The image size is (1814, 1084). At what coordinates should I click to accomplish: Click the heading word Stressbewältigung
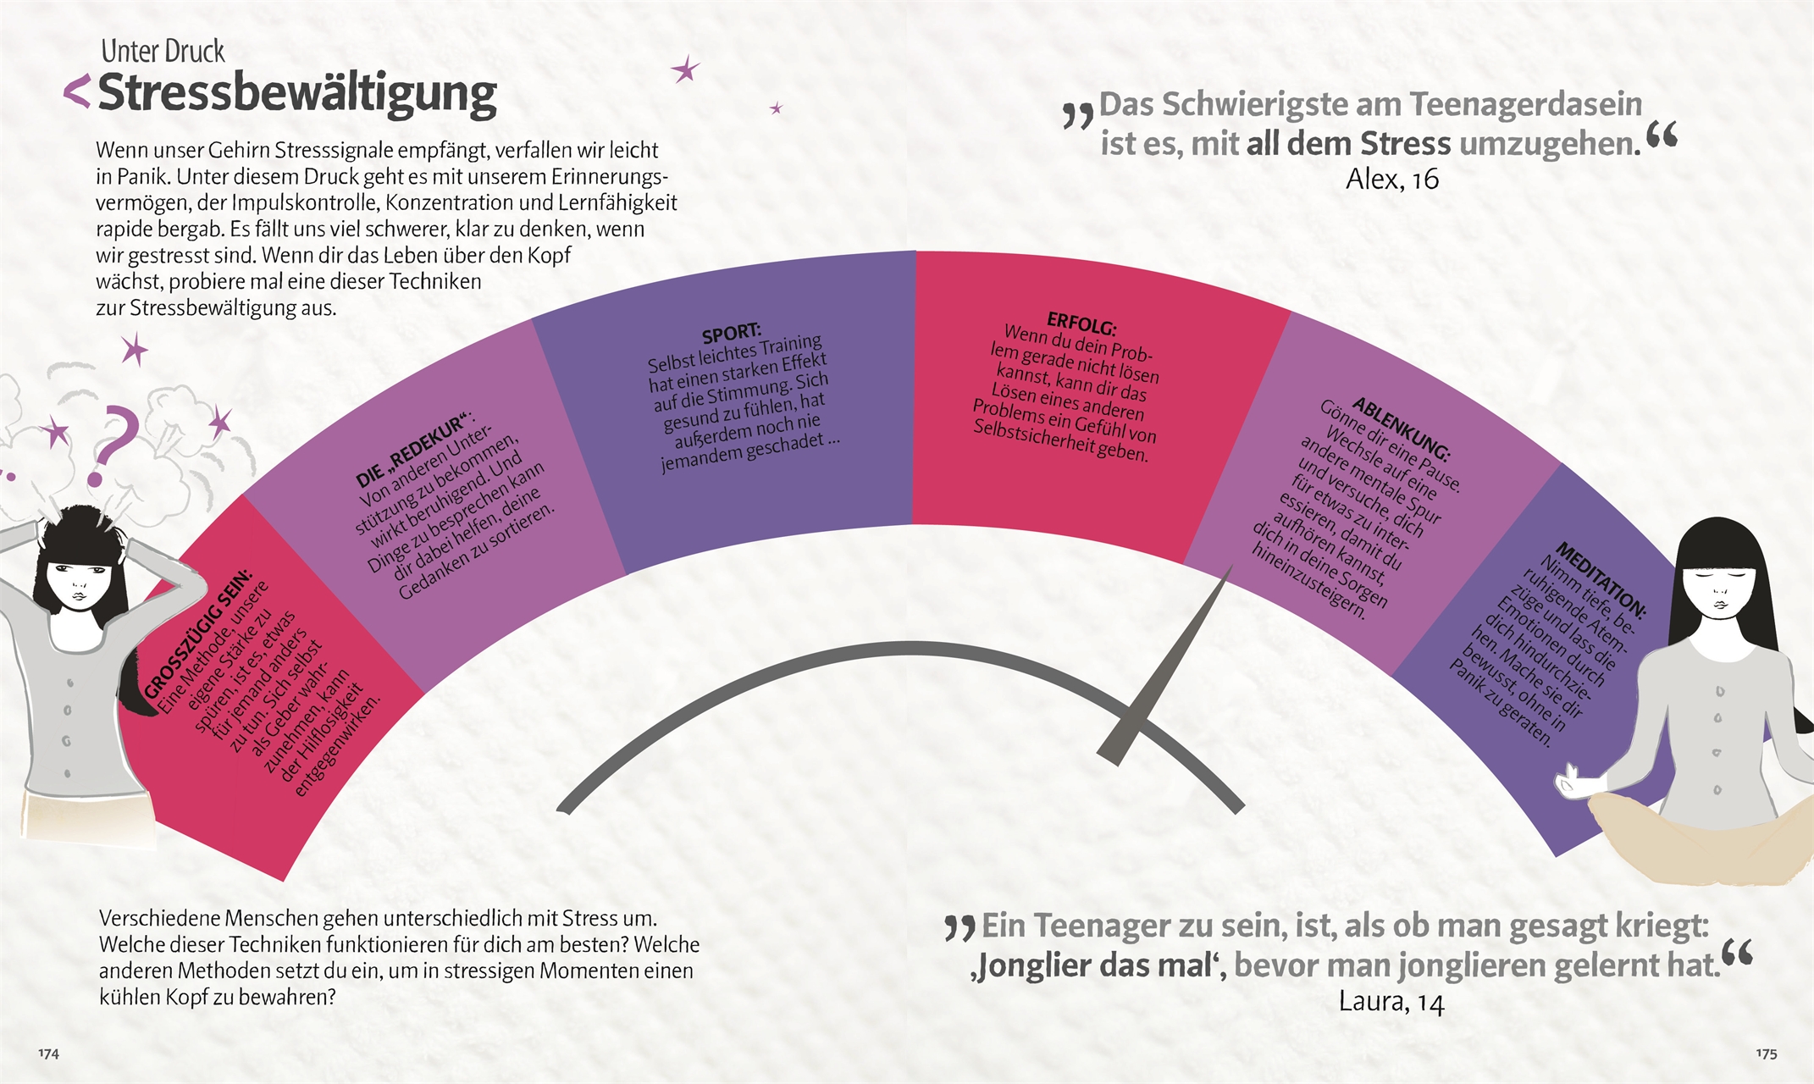[x=297, y=93]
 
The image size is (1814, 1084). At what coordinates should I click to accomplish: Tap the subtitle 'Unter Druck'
[x=163, y=52]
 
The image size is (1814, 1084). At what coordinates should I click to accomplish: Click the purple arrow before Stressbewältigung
[x=77, y=91]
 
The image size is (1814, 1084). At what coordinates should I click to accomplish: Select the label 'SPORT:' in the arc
[x=732, y=333]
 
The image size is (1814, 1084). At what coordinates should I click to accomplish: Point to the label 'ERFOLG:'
[x=1081, y=324]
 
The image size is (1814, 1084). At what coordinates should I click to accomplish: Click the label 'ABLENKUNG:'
[x=1401, y=429]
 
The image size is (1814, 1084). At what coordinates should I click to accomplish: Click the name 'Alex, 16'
[x=1392, y=180]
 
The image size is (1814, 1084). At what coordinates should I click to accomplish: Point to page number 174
[x=48, y=1054]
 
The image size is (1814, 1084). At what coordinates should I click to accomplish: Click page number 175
[x=1766, y=1054]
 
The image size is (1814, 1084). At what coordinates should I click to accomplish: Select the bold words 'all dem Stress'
[x=1350, y=144]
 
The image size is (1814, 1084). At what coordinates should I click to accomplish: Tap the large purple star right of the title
[x=685, y=69]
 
